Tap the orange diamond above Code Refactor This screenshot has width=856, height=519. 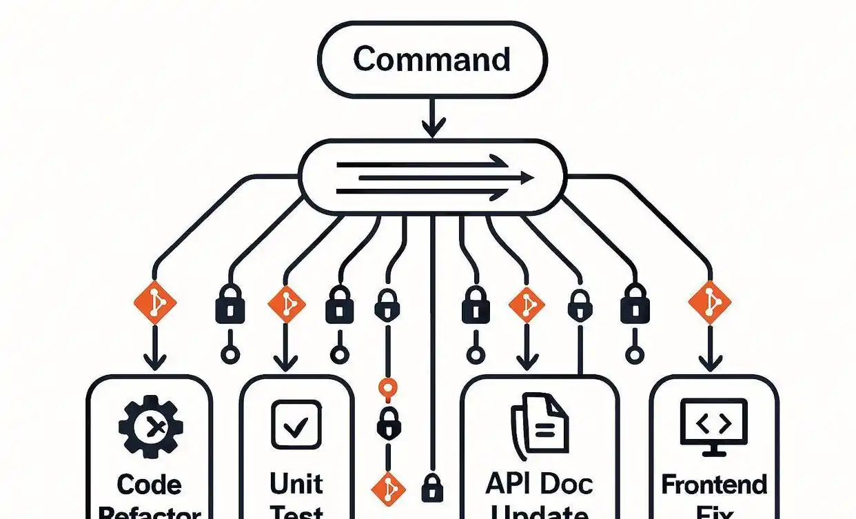[x=154, y=303]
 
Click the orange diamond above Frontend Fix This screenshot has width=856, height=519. [x=709, y=303]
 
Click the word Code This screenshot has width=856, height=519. [x=150, y=485]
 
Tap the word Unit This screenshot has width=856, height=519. [x=296, y=484]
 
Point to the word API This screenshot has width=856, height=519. [x=511, y=484]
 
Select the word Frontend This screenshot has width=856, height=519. [x=714, y=485]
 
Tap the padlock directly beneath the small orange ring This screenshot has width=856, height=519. [x=386, y=423]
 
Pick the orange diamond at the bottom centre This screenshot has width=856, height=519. [x=388, y=487]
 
